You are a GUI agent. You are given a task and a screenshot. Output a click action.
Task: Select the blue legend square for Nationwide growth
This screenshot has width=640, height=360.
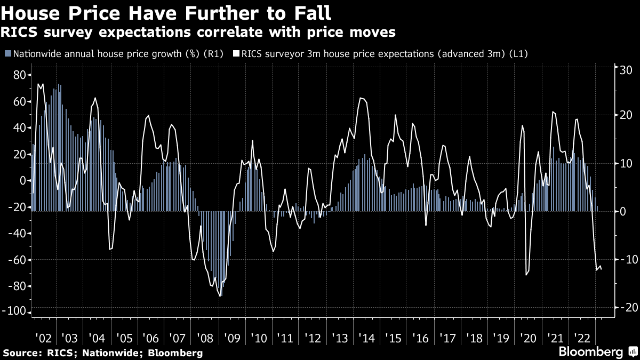[7, 54]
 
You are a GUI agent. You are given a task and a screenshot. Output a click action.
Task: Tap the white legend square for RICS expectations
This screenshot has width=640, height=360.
[236, 54]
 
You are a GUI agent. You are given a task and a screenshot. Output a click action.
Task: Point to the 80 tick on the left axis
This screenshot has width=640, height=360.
[20, 75]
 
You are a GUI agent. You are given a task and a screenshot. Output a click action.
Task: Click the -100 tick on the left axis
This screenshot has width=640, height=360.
[17, 313]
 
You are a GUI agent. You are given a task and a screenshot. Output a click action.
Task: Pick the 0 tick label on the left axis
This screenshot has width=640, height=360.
[23, 181]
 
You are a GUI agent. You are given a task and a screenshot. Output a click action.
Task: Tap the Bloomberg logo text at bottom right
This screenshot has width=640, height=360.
[590, 352]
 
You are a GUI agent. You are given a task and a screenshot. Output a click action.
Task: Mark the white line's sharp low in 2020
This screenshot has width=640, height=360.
[526, 275]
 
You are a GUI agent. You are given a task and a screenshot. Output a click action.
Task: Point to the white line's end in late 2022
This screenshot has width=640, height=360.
[602, 269]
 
